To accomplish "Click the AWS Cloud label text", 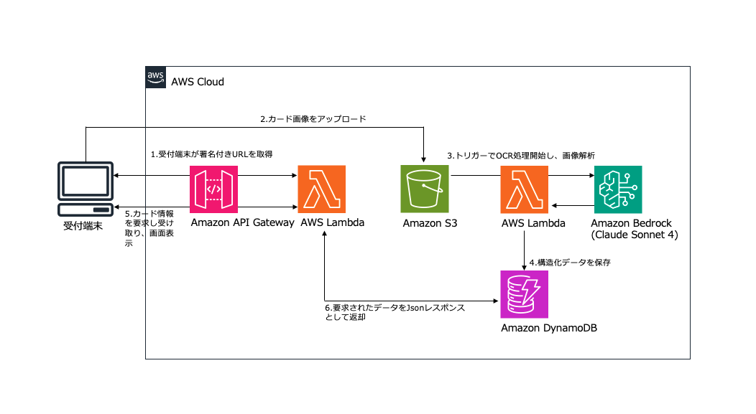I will (198, 82).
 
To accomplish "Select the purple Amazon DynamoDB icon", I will (525, 294).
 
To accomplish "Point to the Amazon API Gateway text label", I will (242, 222).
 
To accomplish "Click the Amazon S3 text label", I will (430, 223).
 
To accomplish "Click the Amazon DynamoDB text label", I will (550, 329).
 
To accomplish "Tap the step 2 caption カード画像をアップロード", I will (313, 119).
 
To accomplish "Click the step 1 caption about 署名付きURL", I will (211, 154).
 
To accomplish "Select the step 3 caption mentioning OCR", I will (521, 155).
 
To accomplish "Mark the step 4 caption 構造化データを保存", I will (570, 263).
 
